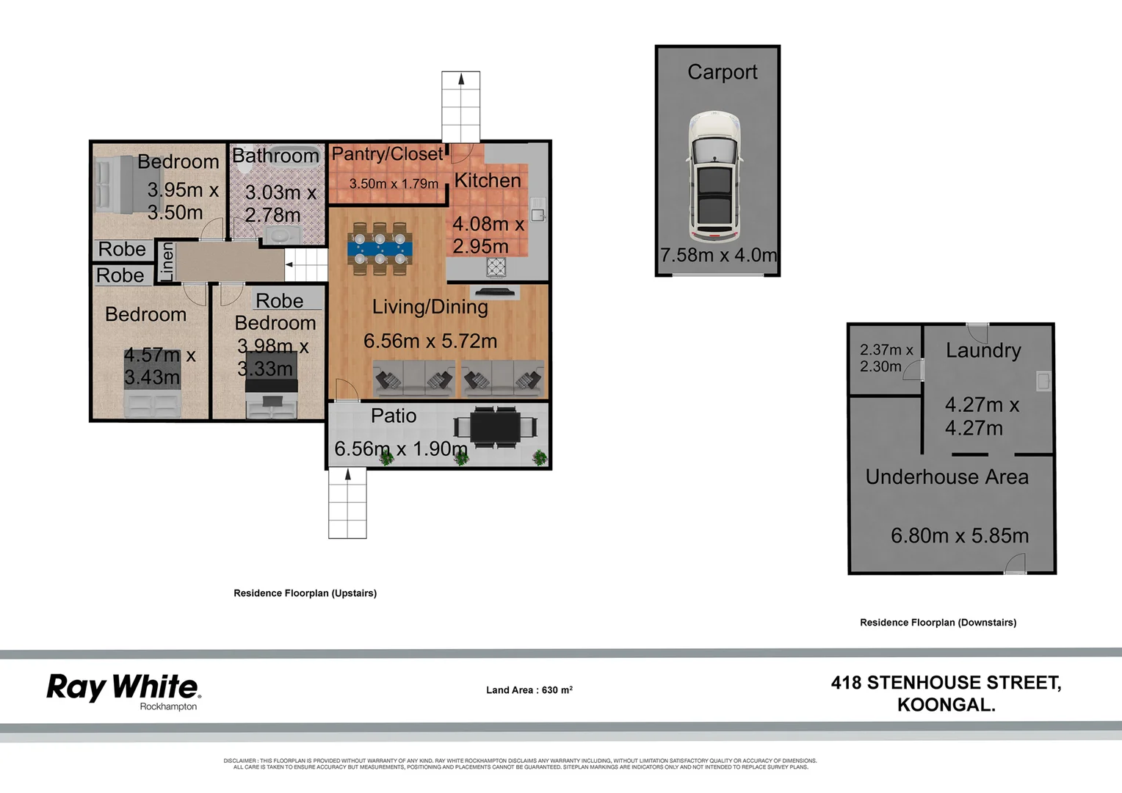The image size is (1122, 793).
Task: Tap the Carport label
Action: pos(722,72)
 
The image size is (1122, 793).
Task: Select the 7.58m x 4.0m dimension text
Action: pos(718,255)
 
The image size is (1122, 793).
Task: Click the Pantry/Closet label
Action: pos(387,154)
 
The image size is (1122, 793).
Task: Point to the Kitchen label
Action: pos(488,181)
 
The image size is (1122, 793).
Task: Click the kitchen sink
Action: pos(538,209)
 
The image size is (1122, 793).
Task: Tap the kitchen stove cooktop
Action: pos(496,267)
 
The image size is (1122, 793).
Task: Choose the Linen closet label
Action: pos(167,262)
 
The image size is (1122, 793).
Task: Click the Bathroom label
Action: pos(275,156)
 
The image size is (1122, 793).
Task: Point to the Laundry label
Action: pos(983,350)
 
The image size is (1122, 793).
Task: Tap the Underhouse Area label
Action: pos(947,477)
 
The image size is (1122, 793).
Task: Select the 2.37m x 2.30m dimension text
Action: pos(886,358)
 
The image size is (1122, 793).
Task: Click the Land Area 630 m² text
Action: pos(529,690)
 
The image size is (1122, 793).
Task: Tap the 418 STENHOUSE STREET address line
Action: pos(946,683)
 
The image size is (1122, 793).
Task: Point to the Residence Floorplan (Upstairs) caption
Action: pos(305,593)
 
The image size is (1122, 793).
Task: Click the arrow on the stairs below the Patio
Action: pos(348,475)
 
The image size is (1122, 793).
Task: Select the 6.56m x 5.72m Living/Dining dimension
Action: pos(430,341)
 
